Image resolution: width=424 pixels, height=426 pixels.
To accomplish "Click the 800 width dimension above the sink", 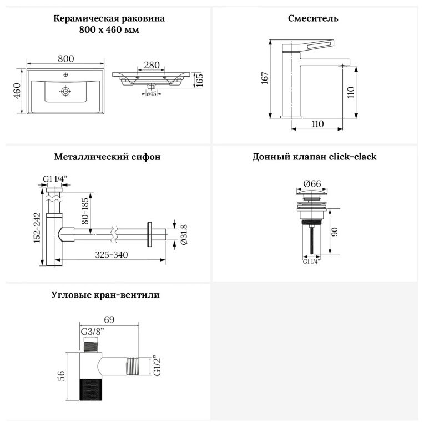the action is click(65, 59).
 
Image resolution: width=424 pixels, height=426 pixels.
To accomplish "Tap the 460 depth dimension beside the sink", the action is click(17, 91).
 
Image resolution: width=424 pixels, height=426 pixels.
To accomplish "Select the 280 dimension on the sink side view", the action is click(152, 65).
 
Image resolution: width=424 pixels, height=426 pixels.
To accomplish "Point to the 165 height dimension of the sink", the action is click(199, 80).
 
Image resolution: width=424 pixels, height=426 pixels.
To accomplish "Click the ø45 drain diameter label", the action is click(151, 94).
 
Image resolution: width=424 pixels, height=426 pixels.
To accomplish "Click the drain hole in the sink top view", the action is click(65, 91).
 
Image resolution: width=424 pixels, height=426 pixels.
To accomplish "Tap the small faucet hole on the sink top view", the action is click(65, 74).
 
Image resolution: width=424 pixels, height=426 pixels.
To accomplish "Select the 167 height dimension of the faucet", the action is click(265, 78).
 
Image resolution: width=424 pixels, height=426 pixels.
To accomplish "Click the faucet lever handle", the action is click(308, 45).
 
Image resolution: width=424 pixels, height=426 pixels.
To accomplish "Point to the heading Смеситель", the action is click(313, 18).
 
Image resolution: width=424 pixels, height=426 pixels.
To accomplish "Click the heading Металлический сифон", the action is click(107, 157).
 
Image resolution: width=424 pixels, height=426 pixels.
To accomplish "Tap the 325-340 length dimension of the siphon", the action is click(112, 255).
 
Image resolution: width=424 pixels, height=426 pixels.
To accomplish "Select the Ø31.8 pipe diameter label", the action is click(184, 235).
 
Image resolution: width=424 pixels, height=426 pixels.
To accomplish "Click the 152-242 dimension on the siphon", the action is click(37, 228).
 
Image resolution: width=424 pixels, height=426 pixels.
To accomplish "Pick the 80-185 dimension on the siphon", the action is click(85, 211).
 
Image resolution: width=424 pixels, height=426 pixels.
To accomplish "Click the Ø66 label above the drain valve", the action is click(312, 184).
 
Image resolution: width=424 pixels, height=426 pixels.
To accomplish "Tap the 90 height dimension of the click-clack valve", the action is click(335, 232).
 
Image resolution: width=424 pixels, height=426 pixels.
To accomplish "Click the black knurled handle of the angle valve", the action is click(91, 390).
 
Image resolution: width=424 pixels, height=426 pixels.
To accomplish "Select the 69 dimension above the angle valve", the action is click(109, 320).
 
